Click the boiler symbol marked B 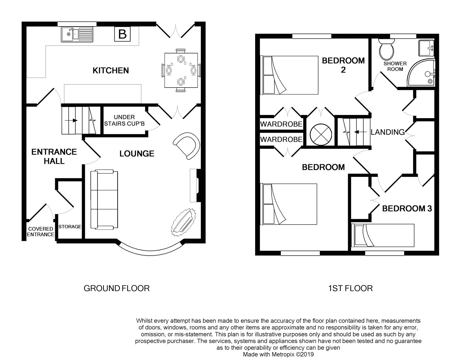(x=122, y=34)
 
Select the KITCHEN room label (x=111, y=70)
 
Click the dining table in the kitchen (x=181, y=70)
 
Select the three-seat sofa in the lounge (x=104, y=200)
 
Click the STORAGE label (x=70, y=226)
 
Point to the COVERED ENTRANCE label (x=41, y=232)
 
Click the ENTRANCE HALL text (x=54, y=156)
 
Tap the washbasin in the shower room (x=426, y=48)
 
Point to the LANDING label (x=387, y=132)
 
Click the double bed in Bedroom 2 (x=290, y=75)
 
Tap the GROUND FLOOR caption (x=116, y=289)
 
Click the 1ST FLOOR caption (x=350, y=289)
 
